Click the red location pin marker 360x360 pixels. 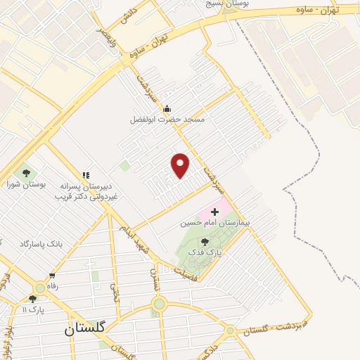point(181,165)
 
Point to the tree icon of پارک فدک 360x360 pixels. point(205,241)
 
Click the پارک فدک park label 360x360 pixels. point(210,251)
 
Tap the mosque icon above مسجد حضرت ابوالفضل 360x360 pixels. point(167,108)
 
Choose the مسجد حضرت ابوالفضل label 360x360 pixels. point(167,120)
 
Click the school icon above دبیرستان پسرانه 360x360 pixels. point(86,175)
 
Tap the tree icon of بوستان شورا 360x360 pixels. point(27,172)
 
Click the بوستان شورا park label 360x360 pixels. point(27,184)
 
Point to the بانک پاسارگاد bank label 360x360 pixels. point(41,243)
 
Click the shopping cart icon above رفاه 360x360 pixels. point(52,275)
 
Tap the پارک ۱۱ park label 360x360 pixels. point(32,309)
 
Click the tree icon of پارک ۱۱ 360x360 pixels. point(32,299)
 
